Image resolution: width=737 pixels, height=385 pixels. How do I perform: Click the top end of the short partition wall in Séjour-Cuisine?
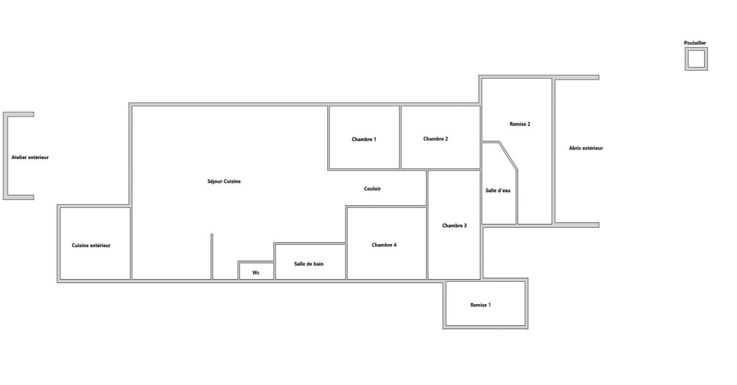pyautogui.click(x=212, y=234)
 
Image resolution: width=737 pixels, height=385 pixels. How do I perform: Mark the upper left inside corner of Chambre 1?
pyautogui.click(x=330, y=106)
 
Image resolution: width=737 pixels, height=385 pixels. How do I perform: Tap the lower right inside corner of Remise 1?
pyautogui.click(x=525, y=325)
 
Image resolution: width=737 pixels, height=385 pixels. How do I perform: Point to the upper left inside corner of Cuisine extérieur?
pyautogui.click(x=61, y=208)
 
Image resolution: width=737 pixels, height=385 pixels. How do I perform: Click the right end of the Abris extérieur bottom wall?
pyautogui.click(x=599, y=225)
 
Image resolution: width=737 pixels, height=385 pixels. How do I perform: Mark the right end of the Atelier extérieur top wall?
pyautogui.click(x=33, y=114)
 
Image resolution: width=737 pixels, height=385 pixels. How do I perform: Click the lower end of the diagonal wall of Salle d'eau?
pyautogui.click(x=517, y=170)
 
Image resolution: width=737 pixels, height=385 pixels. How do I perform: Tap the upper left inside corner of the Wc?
pyautogui.click(x=240, y=263)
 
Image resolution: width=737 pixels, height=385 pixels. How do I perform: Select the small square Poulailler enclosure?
pyautogui.click(x=696, y=59)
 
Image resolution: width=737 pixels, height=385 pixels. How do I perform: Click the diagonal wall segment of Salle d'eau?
pyautogui.click(x=508, y=156)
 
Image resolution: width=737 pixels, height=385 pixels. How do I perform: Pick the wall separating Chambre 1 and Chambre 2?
pyautogui.click(x=401, y=137)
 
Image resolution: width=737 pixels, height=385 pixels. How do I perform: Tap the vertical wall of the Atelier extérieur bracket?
pyautogui.click(x=5, y=156)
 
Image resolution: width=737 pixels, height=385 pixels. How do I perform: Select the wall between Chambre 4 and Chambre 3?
pyautogui.click(x=427, y=243)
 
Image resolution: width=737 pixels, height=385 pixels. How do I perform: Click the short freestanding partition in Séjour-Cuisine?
pyautogui.click(x=212, y=257)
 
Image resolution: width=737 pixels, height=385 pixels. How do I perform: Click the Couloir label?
pyautogui.click(x=372, y=188)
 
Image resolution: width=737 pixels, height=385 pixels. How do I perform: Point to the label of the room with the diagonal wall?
pyautogui.click(x=498, y=190)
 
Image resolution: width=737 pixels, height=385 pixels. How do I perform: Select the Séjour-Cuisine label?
pyautogui.click(x=224, y=181)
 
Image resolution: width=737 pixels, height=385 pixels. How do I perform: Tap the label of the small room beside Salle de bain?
pyautogui.click(x=256, y=273)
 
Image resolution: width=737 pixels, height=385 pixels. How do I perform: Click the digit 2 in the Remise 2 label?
pyautogui.click(x=528, y=124)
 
